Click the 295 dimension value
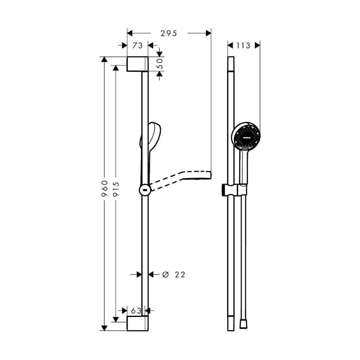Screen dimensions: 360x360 (169, 33)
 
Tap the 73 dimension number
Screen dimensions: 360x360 (137, 45)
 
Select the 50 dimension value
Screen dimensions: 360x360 (160, 64)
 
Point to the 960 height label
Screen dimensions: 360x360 (105, 188)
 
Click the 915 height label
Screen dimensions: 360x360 (116, 189)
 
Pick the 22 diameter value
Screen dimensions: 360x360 (180, 274)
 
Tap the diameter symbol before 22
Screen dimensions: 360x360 (166, 274)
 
